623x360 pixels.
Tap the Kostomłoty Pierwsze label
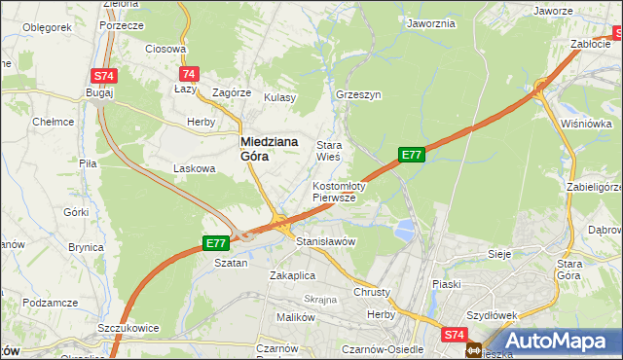coord(338,191)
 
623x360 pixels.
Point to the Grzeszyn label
coord(357,96)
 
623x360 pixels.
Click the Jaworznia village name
coord(431,23)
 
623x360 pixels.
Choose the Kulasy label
coord(278,97)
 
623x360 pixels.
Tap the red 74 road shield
coord(190,73)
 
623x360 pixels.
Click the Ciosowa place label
coord(165,49)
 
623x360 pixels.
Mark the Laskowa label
coord(194,168)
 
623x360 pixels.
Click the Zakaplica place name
coord(293,275)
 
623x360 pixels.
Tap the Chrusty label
coord(372,292)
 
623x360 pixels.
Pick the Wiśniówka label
coord(586,124)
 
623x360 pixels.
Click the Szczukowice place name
coord(128,328)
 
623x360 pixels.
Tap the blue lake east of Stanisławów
coord(403,231)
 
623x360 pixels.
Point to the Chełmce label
coord(54,122)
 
